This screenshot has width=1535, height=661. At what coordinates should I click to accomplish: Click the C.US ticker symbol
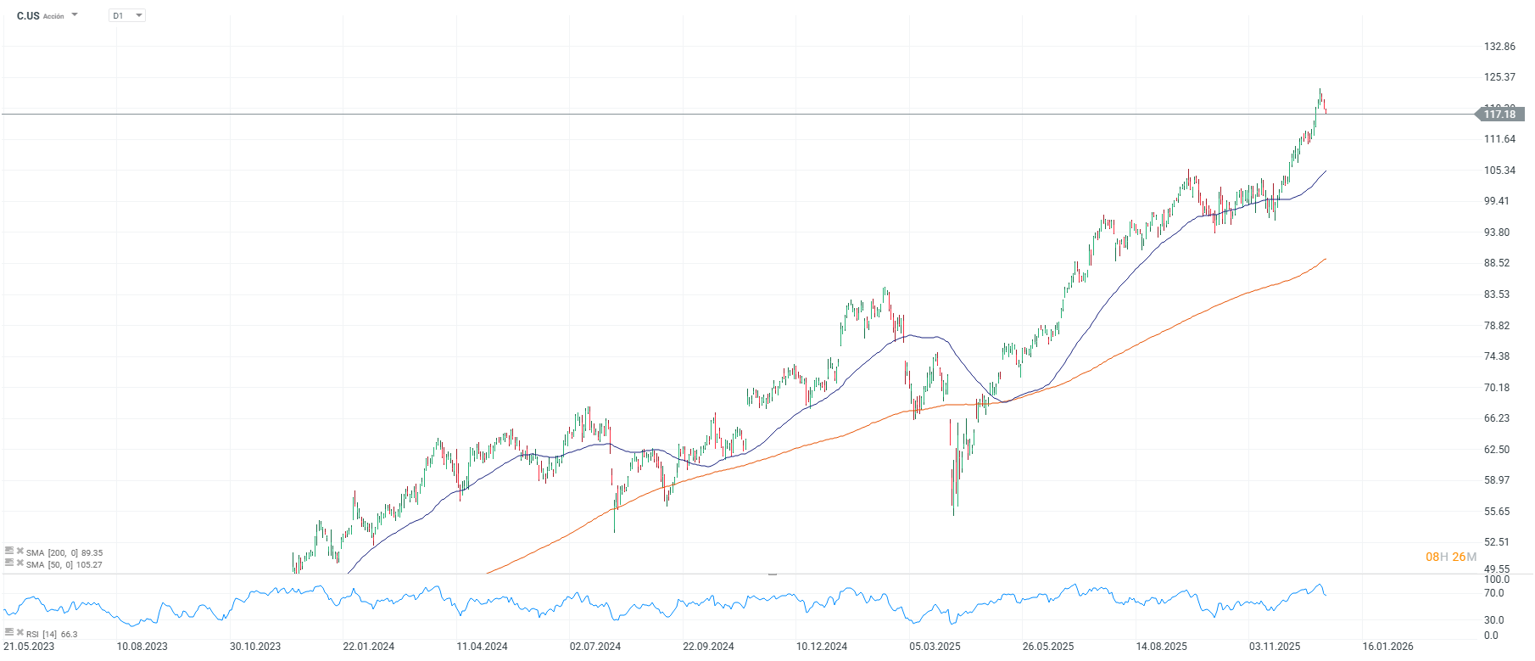pos(28,16)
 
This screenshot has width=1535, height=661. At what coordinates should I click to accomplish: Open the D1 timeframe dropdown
pos(127,15)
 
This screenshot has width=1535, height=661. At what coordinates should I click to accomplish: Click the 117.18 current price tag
pos(1499,115)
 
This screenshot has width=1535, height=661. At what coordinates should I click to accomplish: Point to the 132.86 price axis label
pos(1499,47)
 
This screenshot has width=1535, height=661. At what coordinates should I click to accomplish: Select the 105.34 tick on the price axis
pos(1499,171)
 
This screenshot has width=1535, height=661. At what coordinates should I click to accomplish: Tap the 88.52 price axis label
pos(1497,263)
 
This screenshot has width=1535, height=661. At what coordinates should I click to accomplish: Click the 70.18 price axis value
pos(1497,388)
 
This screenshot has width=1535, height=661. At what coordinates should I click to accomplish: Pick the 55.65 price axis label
pos(1497,512)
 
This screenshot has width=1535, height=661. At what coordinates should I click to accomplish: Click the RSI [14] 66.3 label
pos(51,634)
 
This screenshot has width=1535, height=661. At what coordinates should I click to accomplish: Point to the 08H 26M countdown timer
pos(1450,557)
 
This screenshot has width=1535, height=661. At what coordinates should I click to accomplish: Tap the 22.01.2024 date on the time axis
pos(368,647)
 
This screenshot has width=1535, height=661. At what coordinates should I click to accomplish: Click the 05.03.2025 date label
pos(935,647)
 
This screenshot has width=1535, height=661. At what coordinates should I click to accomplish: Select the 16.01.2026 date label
pos(1387,647)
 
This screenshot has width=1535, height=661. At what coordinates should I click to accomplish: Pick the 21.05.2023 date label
pos(29,647)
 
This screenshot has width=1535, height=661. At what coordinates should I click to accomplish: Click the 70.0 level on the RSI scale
pos(1494,593)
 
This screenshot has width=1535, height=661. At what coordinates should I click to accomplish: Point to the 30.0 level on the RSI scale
pos(1494,620)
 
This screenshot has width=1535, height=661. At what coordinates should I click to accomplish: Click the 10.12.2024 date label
pos(821,647)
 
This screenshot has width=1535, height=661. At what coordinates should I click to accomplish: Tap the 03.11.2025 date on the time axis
pos(1274,647)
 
